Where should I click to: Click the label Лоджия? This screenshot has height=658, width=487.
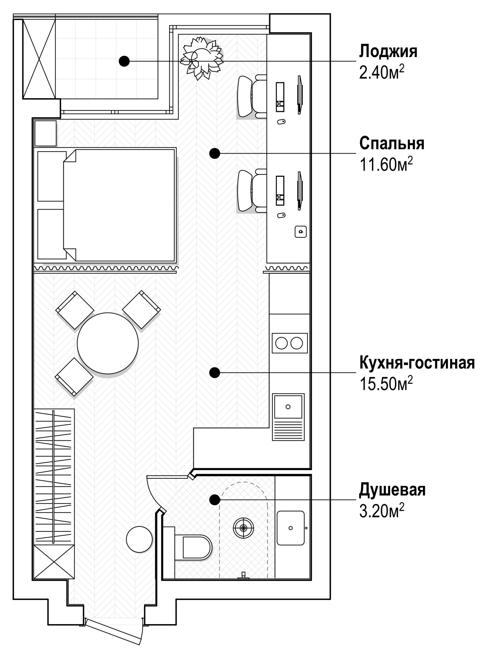click(x=388, y=51)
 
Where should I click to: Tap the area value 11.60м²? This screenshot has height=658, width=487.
click(x=386, y=164)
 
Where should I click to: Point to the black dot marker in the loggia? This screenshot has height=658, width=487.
click(x=124, y=61)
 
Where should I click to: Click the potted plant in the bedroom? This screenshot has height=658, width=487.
click(x=202, y=58)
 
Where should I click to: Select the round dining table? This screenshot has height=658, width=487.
click(x=108, y=343)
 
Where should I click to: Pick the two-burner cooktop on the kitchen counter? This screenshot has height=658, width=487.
click(x=289, y=343)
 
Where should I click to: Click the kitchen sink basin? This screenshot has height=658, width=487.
click(x=288, y=407)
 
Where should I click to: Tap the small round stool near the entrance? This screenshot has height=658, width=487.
click(x=139, y=540)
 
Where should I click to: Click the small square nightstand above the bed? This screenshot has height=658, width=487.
click(x=45, y=133)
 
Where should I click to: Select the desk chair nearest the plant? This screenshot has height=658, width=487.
click(x=249, y=96)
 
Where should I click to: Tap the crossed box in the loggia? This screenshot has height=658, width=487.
click(x=39, y=59)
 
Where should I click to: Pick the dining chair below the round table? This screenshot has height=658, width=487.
click(x=74, y=377)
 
